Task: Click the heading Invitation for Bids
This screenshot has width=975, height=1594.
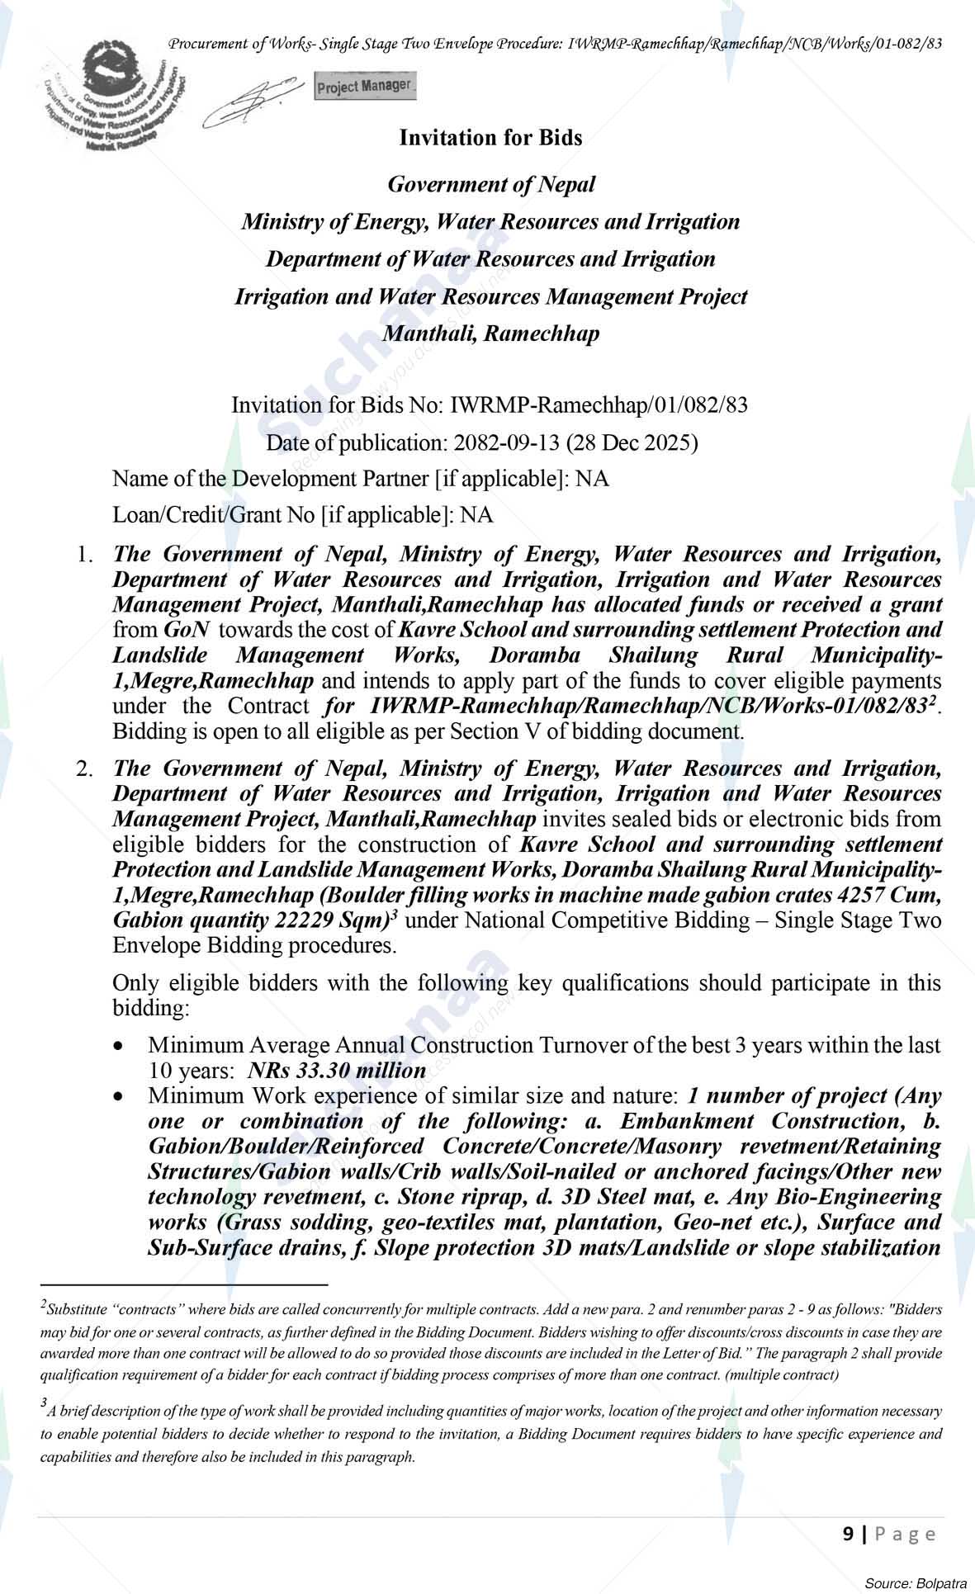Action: coord(490,138)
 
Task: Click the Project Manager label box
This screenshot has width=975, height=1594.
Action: coord(365,86)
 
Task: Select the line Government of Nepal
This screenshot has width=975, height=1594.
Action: coord(490,184)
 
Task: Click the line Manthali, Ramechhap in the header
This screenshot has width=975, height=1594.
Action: coord(490,333)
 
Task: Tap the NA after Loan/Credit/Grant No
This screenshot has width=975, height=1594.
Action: coord(476,515)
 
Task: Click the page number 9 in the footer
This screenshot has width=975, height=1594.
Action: coord(849,1534)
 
